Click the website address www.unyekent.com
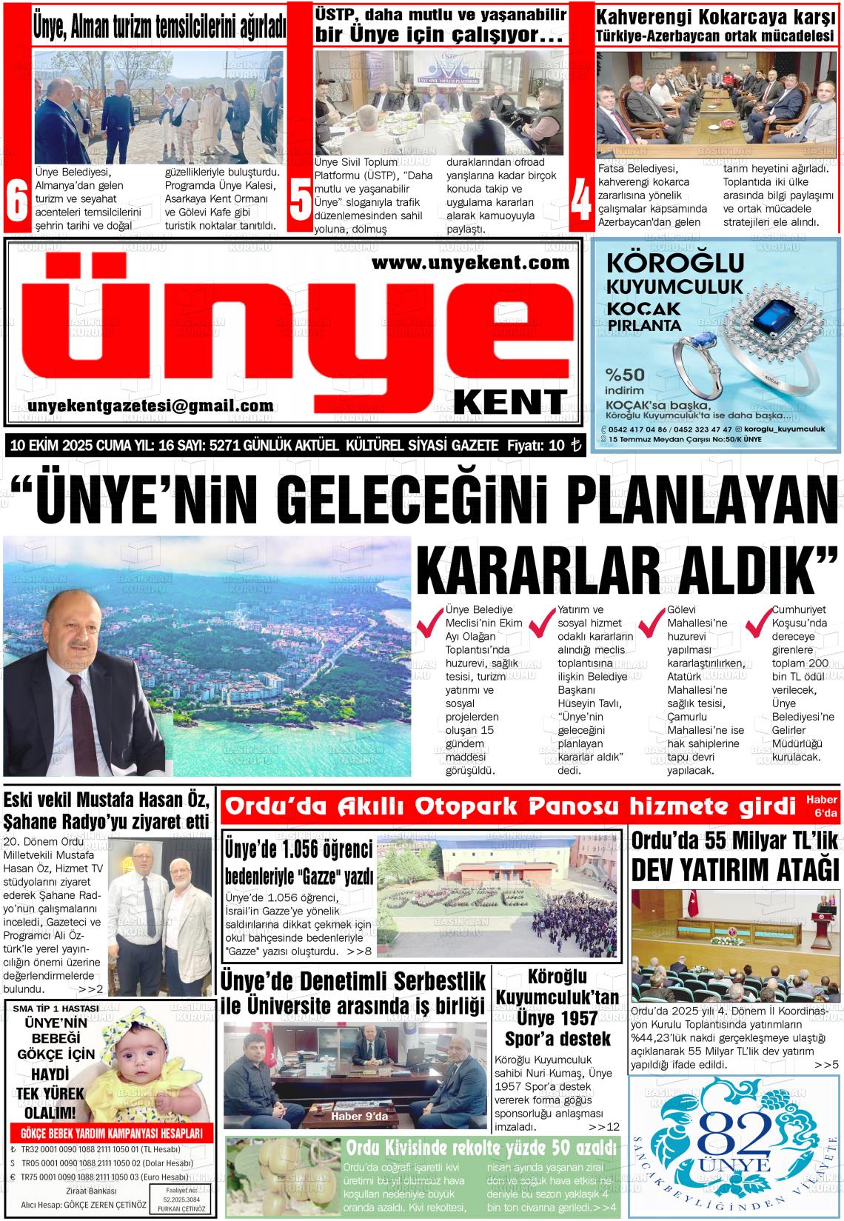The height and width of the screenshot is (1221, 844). (x=470, y=262)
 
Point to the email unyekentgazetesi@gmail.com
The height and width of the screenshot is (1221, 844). (x=150, y=406)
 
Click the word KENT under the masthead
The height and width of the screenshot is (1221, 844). (x=510, y=401)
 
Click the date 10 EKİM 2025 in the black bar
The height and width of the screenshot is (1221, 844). (x=50, y=446)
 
